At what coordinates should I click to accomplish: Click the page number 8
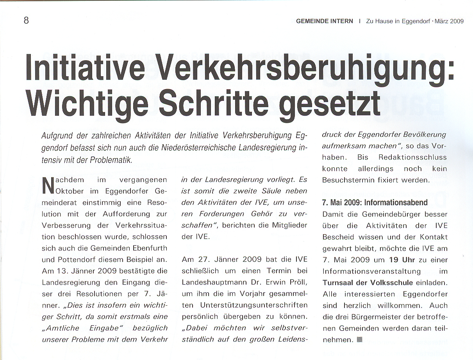[26, 20]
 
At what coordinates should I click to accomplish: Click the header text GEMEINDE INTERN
[324, 21]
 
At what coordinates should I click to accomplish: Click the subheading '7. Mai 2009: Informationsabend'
[375, 203]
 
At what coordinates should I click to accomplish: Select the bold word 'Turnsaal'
[338, 283]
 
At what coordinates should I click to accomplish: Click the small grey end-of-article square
[359, 339]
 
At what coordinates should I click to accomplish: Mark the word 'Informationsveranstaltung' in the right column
[371, 271]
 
